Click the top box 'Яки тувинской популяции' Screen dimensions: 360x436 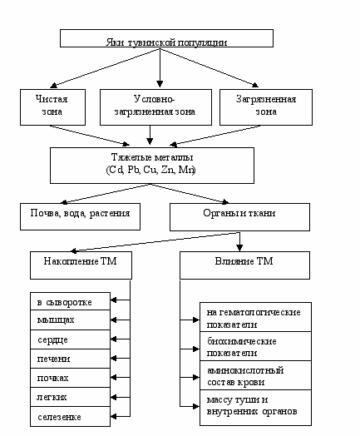(166, 38)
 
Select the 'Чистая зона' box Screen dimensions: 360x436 (52, 107)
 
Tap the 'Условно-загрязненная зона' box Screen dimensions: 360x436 (155, 107)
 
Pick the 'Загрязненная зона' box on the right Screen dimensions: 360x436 (266, 107)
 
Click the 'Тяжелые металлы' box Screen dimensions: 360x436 (152, 166)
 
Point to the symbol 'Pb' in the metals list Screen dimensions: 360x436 (133, 170)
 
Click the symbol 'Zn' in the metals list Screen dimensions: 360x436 (167, 170)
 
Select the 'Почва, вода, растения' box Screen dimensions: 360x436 (80, 216)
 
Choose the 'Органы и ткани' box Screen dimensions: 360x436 (239, 217)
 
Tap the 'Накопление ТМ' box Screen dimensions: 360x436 (81, 265)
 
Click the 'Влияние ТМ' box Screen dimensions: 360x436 (244, 265)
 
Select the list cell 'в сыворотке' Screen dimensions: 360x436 (71, 301)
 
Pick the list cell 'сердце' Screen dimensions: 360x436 (71, 339)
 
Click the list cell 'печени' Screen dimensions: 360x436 (71, 359)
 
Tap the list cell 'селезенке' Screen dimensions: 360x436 (71, 417)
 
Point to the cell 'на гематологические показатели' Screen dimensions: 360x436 (255, 317)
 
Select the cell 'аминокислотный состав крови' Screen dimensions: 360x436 (255, 375)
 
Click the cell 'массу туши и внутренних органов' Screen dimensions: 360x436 (255, 408)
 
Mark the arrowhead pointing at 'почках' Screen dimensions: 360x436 (114, 378)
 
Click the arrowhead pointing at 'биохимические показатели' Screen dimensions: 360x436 (196, 349)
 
